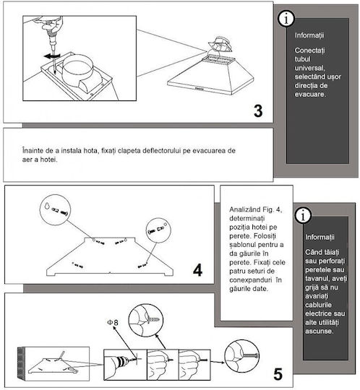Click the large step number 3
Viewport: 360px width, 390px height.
pos(258,111)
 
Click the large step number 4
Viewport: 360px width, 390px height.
pos(197,270)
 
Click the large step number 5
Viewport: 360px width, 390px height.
pos(278,374)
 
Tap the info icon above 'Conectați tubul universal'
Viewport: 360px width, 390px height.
pos(286,19)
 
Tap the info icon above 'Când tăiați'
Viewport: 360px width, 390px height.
pos(303,215)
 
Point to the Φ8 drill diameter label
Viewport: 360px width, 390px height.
pos(113,323)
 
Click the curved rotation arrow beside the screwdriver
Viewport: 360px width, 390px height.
pos(52,56)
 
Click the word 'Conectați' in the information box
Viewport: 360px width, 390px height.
pos(309,51)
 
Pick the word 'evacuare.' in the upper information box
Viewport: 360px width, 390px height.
pos(310,95)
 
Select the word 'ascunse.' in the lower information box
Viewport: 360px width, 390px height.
pos(320,331)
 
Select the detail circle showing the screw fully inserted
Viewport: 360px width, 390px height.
pos(241,356)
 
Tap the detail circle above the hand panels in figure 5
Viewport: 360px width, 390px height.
pos(146,320)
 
